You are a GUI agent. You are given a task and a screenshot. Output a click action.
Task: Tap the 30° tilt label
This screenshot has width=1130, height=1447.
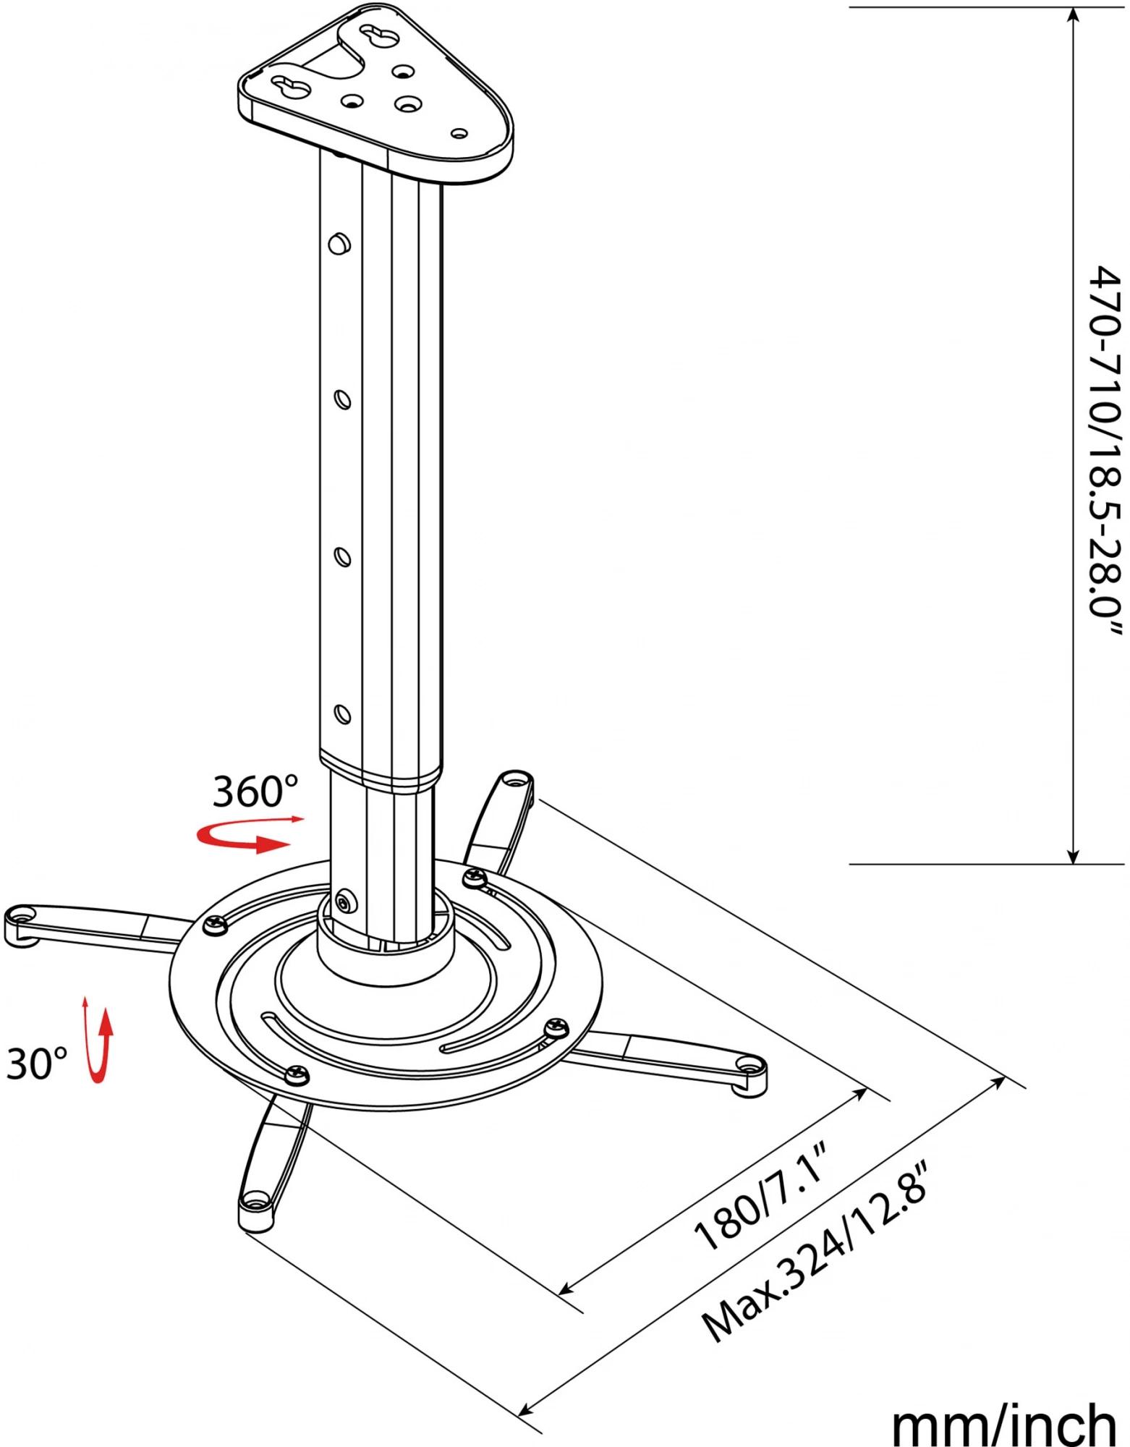(x=37, y=1064)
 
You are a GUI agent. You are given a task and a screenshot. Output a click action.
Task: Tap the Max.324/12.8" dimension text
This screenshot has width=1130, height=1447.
(x=814, y=1274)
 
